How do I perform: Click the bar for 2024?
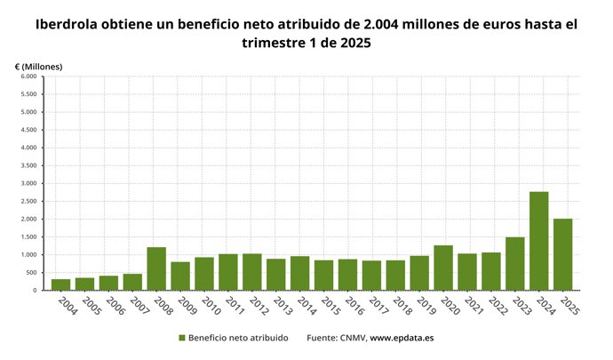point(538,241)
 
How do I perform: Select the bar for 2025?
point(562,254)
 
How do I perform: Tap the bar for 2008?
point(156,268)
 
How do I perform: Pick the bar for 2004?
point(60,284)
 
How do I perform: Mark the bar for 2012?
point(252,272)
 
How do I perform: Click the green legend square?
point(182,338)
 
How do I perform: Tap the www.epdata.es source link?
point(402,338)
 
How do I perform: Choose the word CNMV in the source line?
point(349,338)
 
